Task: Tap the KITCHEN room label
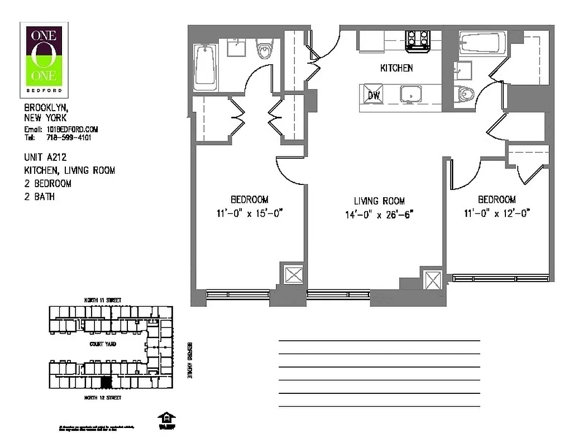pos(397,68)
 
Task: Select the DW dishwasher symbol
pos(374,96)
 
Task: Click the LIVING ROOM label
pos(379,201)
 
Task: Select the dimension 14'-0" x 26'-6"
pos(379,214)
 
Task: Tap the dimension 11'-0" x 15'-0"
pos(250,212)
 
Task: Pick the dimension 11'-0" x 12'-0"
pos(496,212)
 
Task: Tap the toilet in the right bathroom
pos(466,94)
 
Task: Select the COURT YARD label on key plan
pos(103,344)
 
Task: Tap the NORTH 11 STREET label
pos(102,300)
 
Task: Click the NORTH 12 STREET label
pos(102,398)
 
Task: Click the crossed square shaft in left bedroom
pos(293,275)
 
